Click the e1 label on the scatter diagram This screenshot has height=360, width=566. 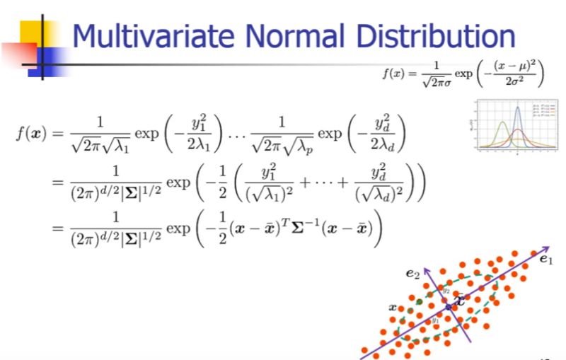545,260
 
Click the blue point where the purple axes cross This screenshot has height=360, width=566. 449,306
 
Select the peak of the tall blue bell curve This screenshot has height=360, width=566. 518,108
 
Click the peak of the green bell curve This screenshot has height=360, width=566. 502,123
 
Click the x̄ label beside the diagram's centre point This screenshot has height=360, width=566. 460,300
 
